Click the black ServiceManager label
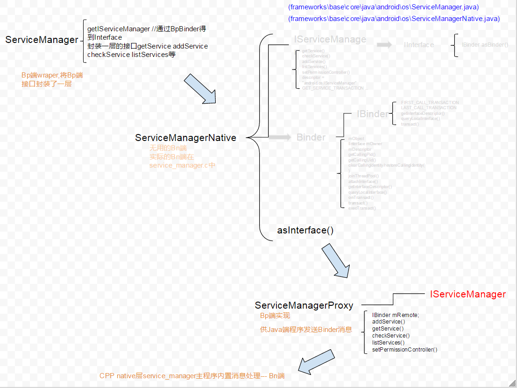[42, 40]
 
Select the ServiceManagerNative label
[185, 138]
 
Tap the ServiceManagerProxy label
[304, 305]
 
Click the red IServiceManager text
[467, 294]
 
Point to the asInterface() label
[305, 230]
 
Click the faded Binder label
[311, 137]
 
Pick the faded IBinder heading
[372, 114]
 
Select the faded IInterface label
[418, 45]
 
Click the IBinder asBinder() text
[485, 45]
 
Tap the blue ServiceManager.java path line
[383, 7]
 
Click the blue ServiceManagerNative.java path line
[394, 19]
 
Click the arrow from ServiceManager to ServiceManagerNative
[200, 88]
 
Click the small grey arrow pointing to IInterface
[384, 45]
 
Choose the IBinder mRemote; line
[395, 315]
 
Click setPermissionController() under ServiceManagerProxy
[404, 349]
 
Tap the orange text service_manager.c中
[182, 165]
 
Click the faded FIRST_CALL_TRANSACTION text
[430, 103]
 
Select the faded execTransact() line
[362, 208]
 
